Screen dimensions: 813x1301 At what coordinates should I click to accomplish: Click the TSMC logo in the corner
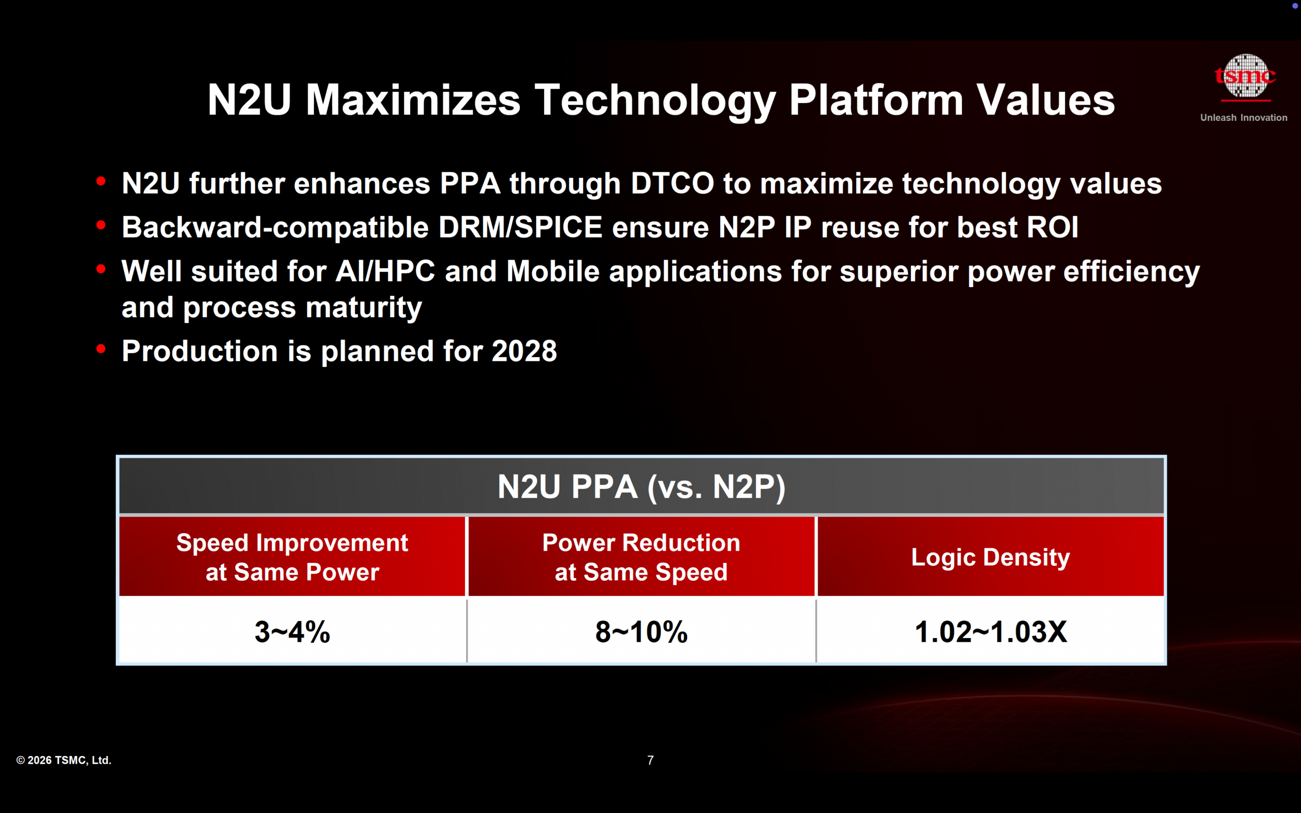1245,77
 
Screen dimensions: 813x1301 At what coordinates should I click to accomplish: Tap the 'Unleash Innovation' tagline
1244,118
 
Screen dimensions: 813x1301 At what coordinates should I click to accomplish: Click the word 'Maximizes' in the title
413,100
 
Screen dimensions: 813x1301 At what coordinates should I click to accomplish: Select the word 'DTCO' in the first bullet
672,183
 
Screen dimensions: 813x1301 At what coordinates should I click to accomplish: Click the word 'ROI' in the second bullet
1052,228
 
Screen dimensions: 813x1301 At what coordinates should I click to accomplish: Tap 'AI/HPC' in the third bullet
385,271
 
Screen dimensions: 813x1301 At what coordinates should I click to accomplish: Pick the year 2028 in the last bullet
524,351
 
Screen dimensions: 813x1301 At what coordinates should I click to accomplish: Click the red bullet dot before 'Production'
101,350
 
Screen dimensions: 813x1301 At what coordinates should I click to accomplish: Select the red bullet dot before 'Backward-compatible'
101,225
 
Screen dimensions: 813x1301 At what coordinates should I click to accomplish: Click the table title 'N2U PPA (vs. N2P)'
641,487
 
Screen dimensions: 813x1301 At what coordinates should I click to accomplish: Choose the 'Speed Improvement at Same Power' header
292,557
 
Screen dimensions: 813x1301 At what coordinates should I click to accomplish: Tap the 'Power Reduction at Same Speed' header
641,557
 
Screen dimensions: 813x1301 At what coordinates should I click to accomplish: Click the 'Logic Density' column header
990,557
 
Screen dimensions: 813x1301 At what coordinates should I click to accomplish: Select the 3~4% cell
292,632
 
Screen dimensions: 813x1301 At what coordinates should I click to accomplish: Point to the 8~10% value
641,632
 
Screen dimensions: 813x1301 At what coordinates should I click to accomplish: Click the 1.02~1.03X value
990,632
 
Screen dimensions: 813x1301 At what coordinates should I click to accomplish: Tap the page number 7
650,760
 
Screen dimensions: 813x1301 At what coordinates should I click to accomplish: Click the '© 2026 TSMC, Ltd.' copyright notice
64,760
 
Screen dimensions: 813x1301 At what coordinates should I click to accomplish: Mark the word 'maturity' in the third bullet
363,307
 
